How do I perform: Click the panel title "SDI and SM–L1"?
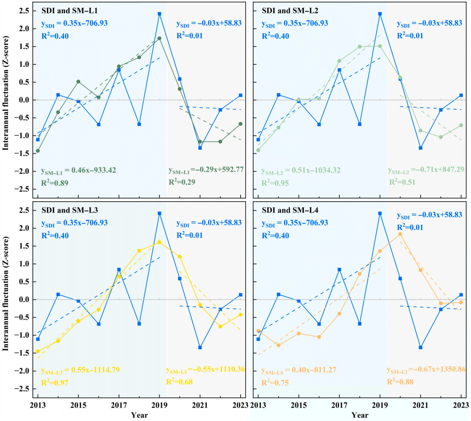coord(70,11)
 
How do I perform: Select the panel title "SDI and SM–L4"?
coord(290,210)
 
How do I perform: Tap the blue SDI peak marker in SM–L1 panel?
coord(159,14)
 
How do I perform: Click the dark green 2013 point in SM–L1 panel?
coord(38,151)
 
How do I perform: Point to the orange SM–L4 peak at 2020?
coord(400,234)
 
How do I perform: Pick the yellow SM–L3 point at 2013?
coord(38,351)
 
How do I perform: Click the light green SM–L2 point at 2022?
coord(441,137)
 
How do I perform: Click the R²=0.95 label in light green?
coord(275,183)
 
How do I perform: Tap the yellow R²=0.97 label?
coord(54,383)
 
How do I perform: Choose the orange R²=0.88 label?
coord(400,382)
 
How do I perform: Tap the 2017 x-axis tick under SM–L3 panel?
coord(119,406)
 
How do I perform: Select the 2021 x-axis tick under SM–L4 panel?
coord(420,406)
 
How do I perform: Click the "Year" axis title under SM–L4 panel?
coord(360,415)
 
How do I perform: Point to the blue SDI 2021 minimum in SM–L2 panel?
coord(420,148)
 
